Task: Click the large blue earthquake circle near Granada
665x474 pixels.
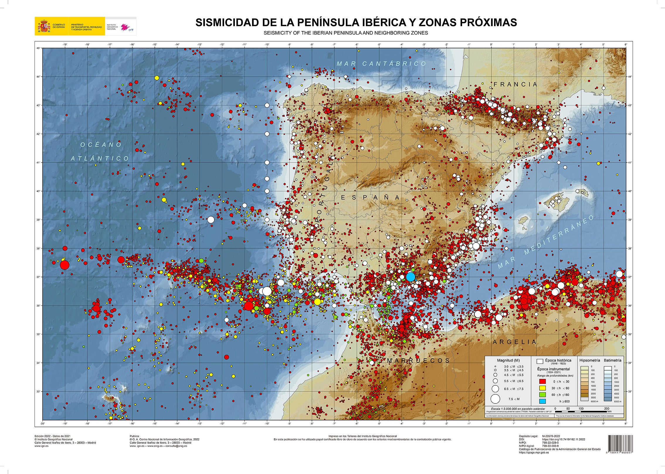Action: (x=410, y=276)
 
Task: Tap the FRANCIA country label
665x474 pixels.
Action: (x=515, y=84)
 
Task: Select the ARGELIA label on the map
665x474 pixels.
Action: (x=514, y=342)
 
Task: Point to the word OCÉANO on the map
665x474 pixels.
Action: (x=101, y=145)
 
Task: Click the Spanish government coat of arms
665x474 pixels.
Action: (x=44, y=26)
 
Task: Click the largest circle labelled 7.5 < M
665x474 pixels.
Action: (x=495, y=399)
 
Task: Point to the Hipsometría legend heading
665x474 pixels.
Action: (x=590, y=360)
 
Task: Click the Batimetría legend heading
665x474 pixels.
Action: (x=613, y=360)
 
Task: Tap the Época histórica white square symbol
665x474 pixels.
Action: (x=540, y=361)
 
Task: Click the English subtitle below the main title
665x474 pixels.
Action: (x=346, y=33)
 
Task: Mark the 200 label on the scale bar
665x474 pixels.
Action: (x=607, y=408)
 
